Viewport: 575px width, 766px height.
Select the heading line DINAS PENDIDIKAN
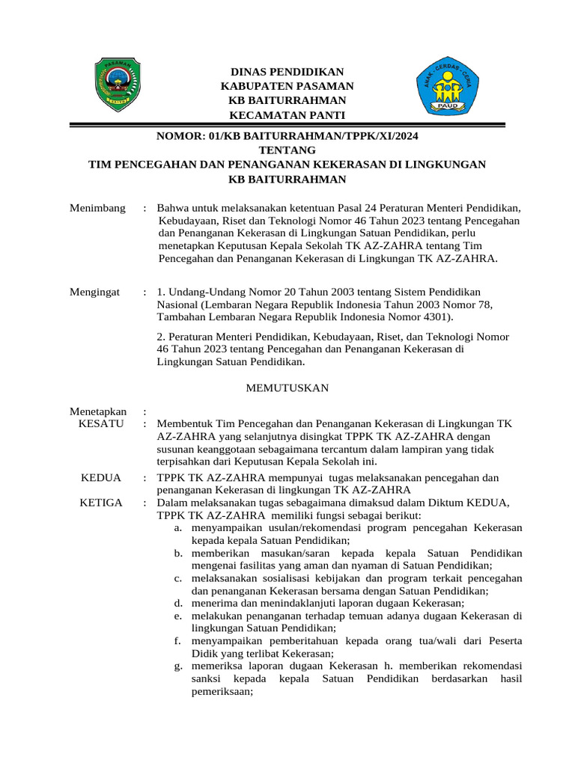pyautogui.click(x=287, y=72)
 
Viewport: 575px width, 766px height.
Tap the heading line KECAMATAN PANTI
pyautogui.click(x=287, y=114)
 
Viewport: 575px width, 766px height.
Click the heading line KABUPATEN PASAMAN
pyautogui.click(x=287, y=86)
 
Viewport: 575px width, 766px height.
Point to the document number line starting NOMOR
pyautogui.click(x=287, y=136)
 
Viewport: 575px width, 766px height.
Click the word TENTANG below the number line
pyautogui.click(x=287, y=150)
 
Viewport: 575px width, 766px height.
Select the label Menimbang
pyautogui.click(x=97, y=207)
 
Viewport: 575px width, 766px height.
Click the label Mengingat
pyautogui.click(x=95, y=291)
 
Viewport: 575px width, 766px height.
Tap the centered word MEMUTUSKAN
pyautogui.click(x=287, y=388)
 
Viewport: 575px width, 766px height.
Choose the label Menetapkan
pyautogui.click(x=98, y=411)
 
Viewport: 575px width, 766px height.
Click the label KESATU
pyautogui.click(x=101, y=424)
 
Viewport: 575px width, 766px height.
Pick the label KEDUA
pyautogui.click(x=101, y=477)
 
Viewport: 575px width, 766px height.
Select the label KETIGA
pyautogui.click(x=101, y=502)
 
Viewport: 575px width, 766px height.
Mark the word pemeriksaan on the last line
pyautogui.click(x=222, y=692)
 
